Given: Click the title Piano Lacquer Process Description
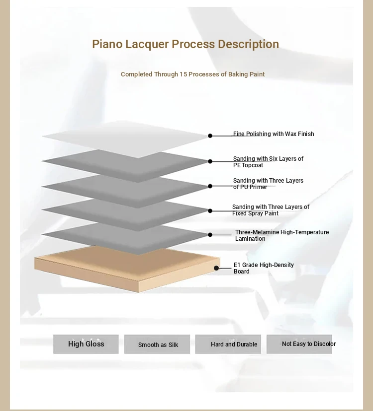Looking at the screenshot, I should click(x=185, y=44).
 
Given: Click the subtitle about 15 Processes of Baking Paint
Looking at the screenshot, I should click(x=192, y=74).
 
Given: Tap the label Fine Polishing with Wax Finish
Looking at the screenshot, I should click(x=274, y=134).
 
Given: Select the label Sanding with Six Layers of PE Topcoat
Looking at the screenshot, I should click(x=268, y=162).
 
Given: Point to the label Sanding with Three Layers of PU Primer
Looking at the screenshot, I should click(x=268, y=184).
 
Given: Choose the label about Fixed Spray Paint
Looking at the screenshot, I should click(x=271, y=210).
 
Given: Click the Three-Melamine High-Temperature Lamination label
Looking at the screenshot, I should click(x=281, y=235).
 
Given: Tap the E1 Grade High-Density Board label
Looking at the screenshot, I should click(x=264, y=268).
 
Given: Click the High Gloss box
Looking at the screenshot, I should click(x=86, y=344).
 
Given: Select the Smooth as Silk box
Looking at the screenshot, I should click(x=157, y=344).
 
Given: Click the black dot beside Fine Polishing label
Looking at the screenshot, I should click(x=210, y=136).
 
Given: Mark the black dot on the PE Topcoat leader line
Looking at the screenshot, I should click(x=210, y=161).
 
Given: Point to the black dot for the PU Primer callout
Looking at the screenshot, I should click(x=210, y=186).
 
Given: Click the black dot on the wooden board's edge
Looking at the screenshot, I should click(x=217, y=268).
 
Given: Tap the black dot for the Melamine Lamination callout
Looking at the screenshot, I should click(x=210, y=235).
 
